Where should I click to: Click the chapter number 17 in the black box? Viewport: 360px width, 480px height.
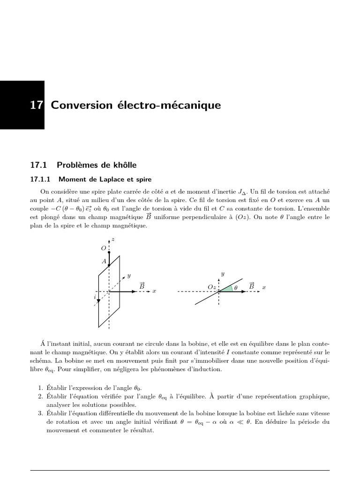(37, 105)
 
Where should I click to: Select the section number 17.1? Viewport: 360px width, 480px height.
(39, 165)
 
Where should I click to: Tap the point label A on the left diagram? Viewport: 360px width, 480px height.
(104, 261)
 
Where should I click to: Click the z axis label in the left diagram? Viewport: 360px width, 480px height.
(114, 240)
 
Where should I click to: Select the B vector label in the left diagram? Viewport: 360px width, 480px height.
(142, 285)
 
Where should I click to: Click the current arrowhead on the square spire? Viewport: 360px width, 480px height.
(98, 300)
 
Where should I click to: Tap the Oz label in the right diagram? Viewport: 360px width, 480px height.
(211, 286)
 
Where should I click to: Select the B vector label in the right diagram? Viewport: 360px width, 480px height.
(252, 285)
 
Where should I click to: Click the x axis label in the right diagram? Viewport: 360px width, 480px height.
(264, 287)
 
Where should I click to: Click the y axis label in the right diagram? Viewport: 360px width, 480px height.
(223, 273)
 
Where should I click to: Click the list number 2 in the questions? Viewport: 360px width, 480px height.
(40, 397)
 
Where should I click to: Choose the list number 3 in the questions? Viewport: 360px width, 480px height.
(40, 413)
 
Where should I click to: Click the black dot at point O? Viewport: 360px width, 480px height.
(109, 252)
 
